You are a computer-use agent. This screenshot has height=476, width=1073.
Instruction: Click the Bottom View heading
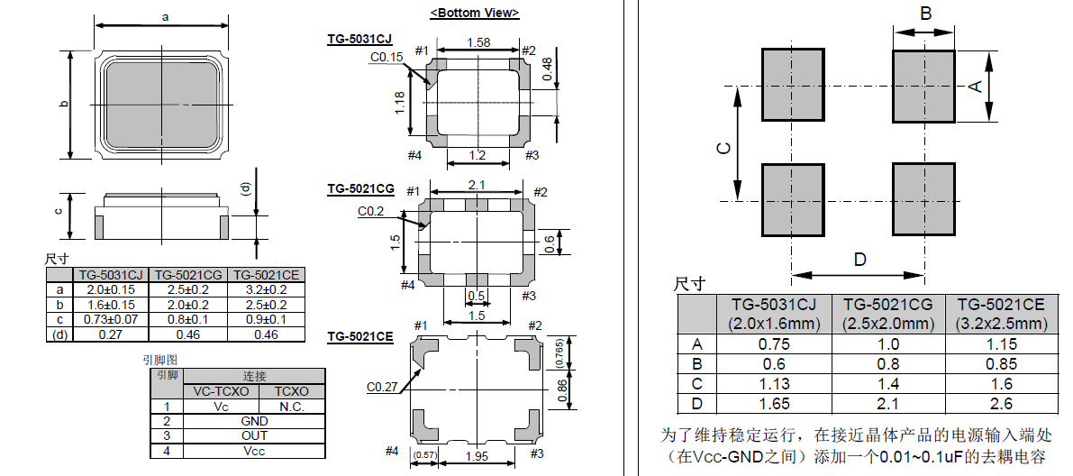474,13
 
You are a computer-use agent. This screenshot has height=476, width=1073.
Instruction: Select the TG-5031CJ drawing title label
359,39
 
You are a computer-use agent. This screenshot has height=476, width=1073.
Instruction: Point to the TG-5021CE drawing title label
359,336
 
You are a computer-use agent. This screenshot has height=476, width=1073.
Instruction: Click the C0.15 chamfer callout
386,58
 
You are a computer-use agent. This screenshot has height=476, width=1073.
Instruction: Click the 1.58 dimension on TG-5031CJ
479,42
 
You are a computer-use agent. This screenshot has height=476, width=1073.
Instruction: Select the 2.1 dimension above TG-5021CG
477,184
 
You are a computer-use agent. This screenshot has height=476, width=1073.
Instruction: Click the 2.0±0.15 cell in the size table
111,289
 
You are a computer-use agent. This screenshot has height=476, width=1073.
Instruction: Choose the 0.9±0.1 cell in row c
266,319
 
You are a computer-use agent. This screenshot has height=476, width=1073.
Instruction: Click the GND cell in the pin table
255,421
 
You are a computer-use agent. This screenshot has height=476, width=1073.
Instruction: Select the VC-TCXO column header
221,391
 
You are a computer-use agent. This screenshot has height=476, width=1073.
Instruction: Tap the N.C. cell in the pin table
293,407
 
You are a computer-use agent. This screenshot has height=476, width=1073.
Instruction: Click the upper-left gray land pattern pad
794,85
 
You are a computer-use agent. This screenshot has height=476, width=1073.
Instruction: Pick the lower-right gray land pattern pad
923,199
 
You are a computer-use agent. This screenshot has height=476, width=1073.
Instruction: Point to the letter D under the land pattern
859,260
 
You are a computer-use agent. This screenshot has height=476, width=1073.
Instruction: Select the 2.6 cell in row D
1001,404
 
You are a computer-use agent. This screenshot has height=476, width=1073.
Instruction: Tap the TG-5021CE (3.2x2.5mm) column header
1001,314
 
